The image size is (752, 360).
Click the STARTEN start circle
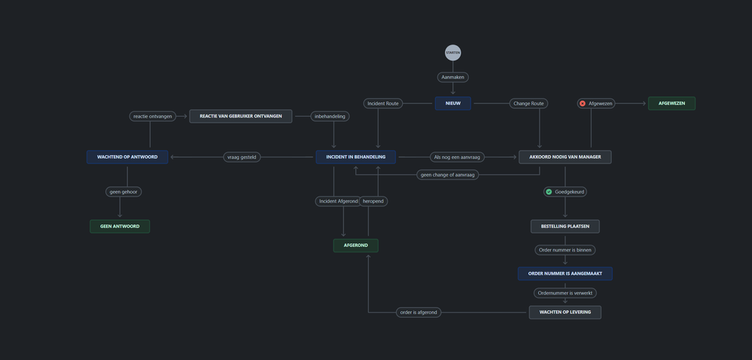452,52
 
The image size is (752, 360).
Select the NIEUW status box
452,103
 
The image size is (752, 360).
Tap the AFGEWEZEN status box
671,103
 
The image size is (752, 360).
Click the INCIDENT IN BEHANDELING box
356,157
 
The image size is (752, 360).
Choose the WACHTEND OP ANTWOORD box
127,157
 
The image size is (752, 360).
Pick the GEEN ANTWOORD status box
120,226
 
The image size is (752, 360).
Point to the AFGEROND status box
356,246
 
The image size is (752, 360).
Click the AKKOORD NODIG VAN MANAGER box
565,157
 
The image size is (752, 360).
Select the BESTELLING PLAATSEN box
565,226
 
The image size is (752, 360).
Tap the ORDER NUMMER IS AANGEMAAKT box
565,273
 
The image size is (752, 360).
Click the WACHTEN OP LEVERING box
565,312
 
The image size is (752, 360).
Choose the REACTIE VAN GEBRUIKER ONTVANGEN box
241,116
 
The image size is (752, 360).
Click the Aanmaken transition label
452,77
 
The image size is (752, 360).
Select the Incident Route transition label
382,103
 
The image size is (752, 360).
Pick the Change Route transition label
528,103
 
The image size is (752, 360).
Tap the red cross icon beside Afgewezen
582,103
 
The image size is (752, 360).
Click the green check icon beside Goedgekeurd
549,191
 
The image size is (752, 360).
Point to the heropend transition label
373,201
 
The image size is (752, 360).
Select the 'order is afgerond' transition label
419,313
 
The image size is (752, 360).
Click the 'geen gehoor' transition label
123,192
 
